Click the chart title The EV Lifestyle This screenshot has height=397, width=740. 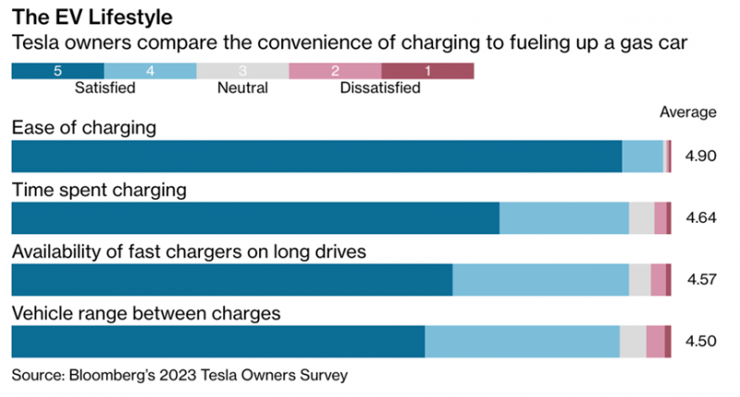92,17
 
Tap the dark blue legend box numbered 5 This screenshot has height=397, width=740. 57,71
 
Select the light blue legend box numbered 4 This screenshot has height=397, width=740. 150,71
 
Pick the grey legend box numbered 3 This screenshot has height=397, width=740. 242,71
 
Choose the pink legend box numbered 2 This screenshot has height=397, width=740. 335,71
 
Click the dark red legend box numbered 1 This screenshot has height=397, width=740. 427,71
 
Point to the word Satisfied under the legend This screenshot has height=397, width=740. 105,88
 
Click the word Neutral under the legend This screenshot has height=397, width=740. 242,88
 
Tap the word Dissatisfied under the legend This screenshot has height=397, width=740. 380,88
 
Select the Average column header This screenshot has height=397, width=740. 687,112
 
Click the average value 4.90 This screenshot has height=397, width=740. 701,155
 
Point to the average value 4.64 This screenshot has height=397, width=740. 701,217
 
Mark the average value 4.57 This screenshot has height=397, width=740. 701,279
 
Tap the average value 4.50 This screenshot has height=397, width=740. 701,341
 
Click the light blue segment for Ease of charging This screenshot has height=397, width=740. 642,156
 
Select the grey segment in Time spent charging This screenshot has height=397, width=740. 641,218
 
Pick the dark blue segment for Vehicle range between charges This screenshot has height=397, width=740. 218,341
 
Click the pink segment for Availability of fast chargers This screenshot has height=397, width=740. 659,279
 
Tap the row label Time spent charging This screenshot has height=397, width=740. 99,190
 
